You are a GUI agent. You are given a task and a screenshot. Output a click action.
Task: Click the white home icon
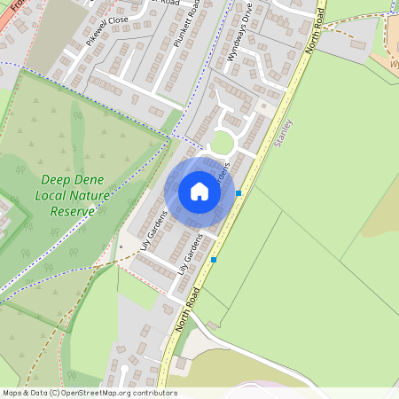point(199,192)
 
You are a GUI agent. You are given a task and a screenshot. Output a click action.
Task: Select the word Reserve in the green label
point(72,212)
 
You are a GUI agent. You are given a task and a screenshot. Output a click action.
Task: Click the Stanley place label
point(285,131)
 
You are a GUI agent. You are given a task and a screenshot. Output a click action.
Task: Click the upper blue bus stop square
point(238,192)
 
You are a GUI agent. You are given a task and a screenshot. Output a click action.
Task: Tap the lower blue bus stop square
point(213,260)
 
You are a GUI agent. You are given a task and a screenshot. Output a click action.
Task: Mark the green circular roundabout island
point(222,144)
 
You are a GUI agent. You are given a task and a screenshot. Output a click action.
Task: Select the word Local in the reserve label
point(53,195)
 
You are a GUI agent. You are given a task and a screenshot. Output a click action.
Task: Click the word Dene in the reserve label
point(89,179)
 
